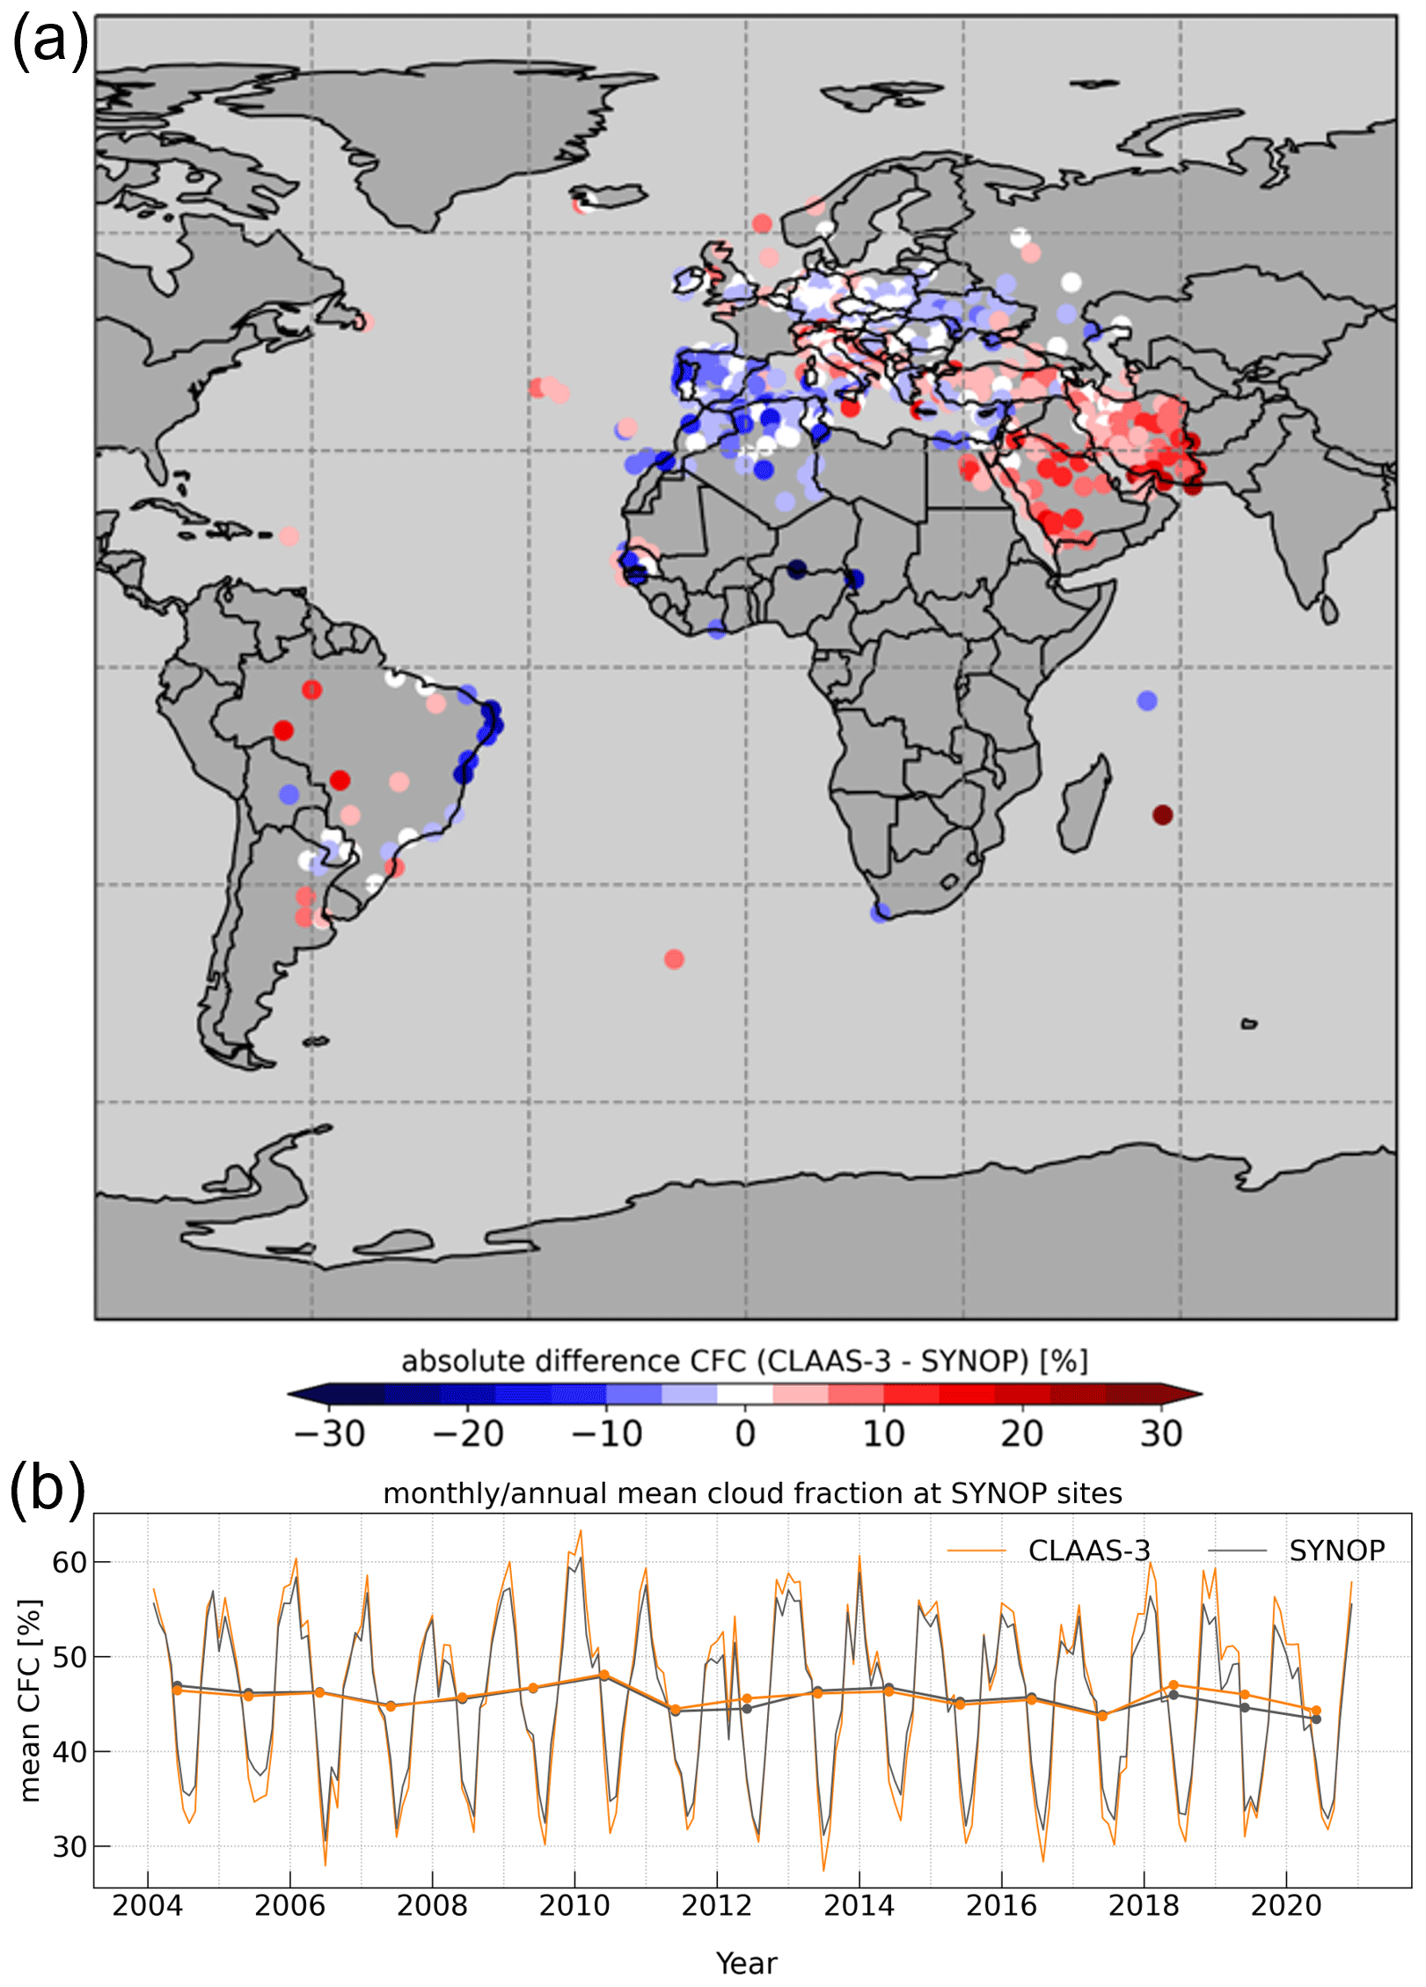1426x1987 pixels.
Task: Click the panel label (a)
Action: click(49, 41)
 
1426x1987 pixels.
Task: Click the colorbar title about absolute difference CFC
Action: click(744, 1361)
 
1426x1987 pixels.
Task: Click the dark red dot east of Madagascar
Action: click(1162, 815)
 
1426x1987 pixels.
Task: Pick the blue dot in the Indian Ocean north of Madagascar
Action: click(1146, 700)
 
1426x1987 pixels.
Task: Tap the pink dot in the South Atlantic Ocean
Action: click(674, 959)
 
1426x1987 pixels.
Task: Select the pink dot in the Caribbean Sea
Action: click(289, 536)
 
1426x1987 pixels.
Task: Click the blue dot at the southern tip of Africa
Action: click(880, 913)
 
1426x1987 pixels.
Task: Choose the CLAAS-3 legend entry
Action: click(1088, 1550)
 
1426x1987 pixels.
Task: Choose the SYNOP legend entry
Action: click(1336, 1550)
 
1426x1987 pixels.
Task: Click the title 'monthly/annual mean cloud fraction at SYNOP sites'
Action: click(752, 1493)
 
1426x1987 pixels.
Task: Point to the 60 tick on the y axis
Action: click(69, 1562)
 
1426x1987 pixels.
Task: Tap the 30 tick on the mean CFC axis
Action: click(69, 1846)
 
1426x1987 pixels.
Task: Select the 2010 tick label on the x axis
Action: click(574, 1905)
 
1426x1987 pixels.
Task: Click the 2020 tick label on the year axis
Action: click(1285, 1905)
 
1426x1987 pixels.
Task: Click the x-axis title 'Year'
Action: click(746, 1963)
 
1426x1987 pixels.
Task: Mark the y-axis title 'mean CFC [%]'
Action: click(31, 1701)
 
